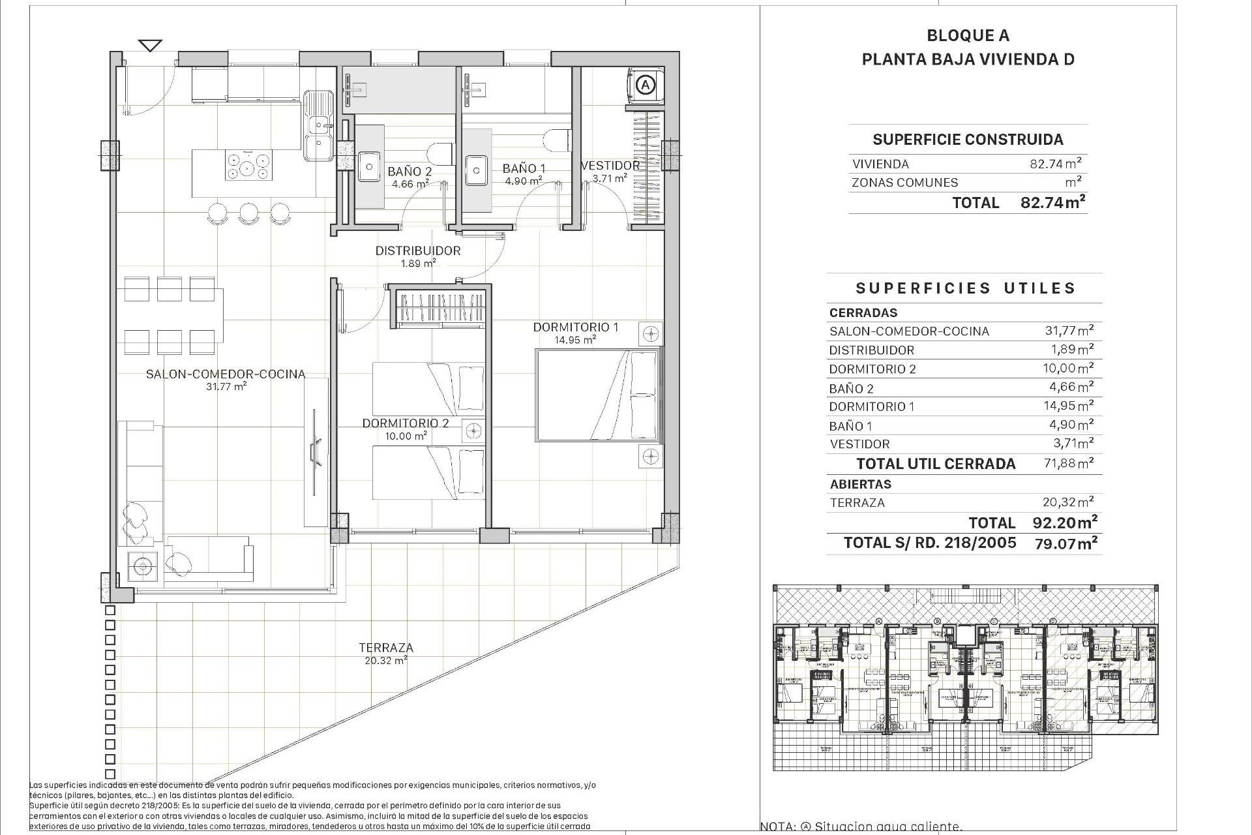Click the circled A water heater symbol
[x=645, y=85]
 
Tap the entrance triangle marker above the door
[x=151, y=46]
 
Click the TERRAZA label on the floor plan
[x=385, y=648]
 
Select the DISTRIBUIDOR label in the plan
[x=417, y=250]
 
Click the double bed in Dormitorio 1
[x=597, y=395]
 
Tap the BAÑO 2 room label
[x=410, y=172]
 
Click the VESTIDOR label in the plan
[x=610, y=166]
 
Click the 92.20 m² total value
[x=1065, y=522]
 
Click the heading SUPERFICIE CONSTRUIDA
[x=968, y=139]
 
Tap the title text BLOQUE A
[x=968, y=36]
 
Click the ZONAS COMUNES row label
[x=904, y=183]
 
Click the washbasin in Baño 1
[x=477, y=170]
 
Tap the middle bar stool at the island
[x=248, y=211]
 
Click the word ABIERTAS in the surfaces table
[x=860, y=484]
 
